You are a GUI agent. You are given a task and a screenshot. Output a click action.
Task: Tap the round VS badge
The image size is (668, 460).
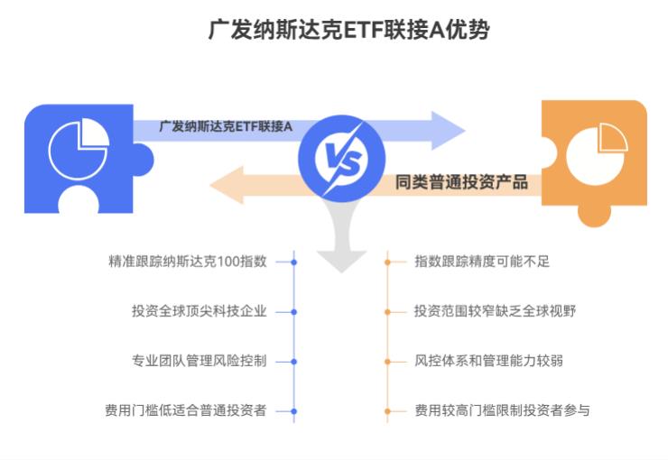click(x=336, y=161)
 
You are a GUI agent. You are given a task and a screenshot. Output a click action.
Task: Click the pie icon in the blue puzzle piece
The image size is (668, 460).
click(x=79, y=150)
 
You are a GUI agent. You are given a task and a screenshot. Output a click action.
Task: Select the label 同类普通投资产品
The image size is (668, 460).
click(x=461, y=181)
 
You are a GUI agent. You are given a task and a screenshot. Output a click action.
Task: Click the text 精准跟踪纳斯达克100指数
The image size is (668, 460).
click(x=187, y=262)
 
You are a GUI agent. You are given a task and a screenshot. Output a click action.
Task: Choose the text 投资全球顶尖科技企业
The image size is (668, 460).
click(x=199, y=311)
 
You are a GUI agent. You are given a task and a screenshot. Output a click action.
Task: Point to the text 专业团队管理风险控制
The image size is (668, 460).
click(x=199, y=361)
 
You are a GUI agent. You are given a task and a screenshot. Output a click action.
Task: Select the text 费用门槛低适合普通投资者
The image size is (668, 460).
click(x=186, y=410)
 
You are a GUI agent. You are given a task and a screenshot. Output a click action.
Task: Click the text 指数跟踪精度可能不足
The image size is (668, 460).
click(x=482, y=262)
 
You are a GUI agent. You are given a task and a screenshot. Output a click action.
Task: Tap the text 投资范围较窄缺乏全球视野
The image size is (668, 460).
click(x=495, y=311)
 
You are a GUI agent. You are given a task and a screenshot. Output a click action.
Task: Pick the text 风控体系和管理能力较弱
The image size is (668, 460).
click(x=488, y=361)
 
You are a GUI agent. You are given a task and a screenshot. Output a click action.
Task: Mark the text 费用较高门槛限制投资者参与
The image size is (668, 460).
click(x=502, y=410)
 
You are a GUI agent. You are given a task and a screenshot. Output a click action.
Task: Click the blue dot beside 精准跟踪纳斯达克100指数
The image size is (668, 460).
click(x=294, y=262)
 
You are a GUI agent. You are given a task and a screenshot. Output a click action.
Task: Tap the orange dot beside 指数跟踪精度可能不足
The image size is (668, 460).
click(x=387, y=262)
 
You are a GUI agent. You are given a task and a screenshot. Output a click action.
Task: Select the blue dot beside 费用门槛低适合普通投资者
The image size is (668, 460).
click(x=294, y=410)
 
